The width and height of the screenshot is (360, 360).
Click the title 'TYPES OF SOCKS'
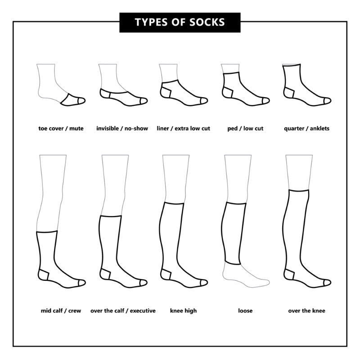180,22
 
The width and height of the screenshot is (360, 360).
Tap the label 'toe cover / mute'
61,129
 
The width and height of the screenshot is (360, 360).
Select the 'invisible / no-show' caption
122,129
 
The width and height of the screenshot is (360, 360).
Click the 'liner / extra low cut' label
183,129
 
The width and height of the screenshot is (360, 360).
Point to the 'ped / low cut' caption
245,129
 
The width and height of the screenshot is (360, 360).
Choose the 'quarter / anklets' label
306,129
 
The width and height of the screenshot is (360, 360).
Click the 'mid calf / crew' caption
61,311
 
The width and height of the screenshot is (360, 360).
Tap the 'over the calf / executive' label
123,311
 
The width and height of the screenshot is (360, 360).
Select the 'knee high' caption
183,311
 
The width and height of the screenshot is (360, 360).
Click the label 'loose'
245,311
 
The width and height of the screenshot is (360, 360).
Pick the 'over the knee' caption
306,311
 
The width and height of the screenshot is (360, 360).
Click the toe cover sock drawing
72,100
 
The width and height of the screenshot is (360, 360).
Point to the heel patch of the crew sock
44,274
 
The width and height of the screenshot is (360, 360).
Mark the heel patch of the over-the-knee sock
289,274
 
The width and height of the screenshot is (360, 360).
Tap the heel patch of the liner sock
166,93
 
